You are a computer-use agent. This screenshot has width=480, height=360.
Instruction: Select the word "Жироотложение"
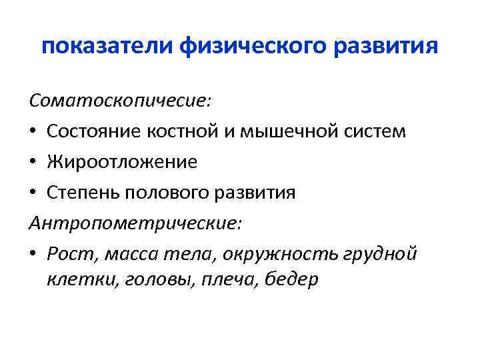coord(122,161)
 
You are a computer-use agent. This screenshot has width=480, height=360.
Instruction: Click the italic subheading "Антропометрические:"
coord(136,223)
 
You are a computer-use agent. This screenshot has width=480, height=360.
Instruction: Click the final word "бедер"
coord(291,279)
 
